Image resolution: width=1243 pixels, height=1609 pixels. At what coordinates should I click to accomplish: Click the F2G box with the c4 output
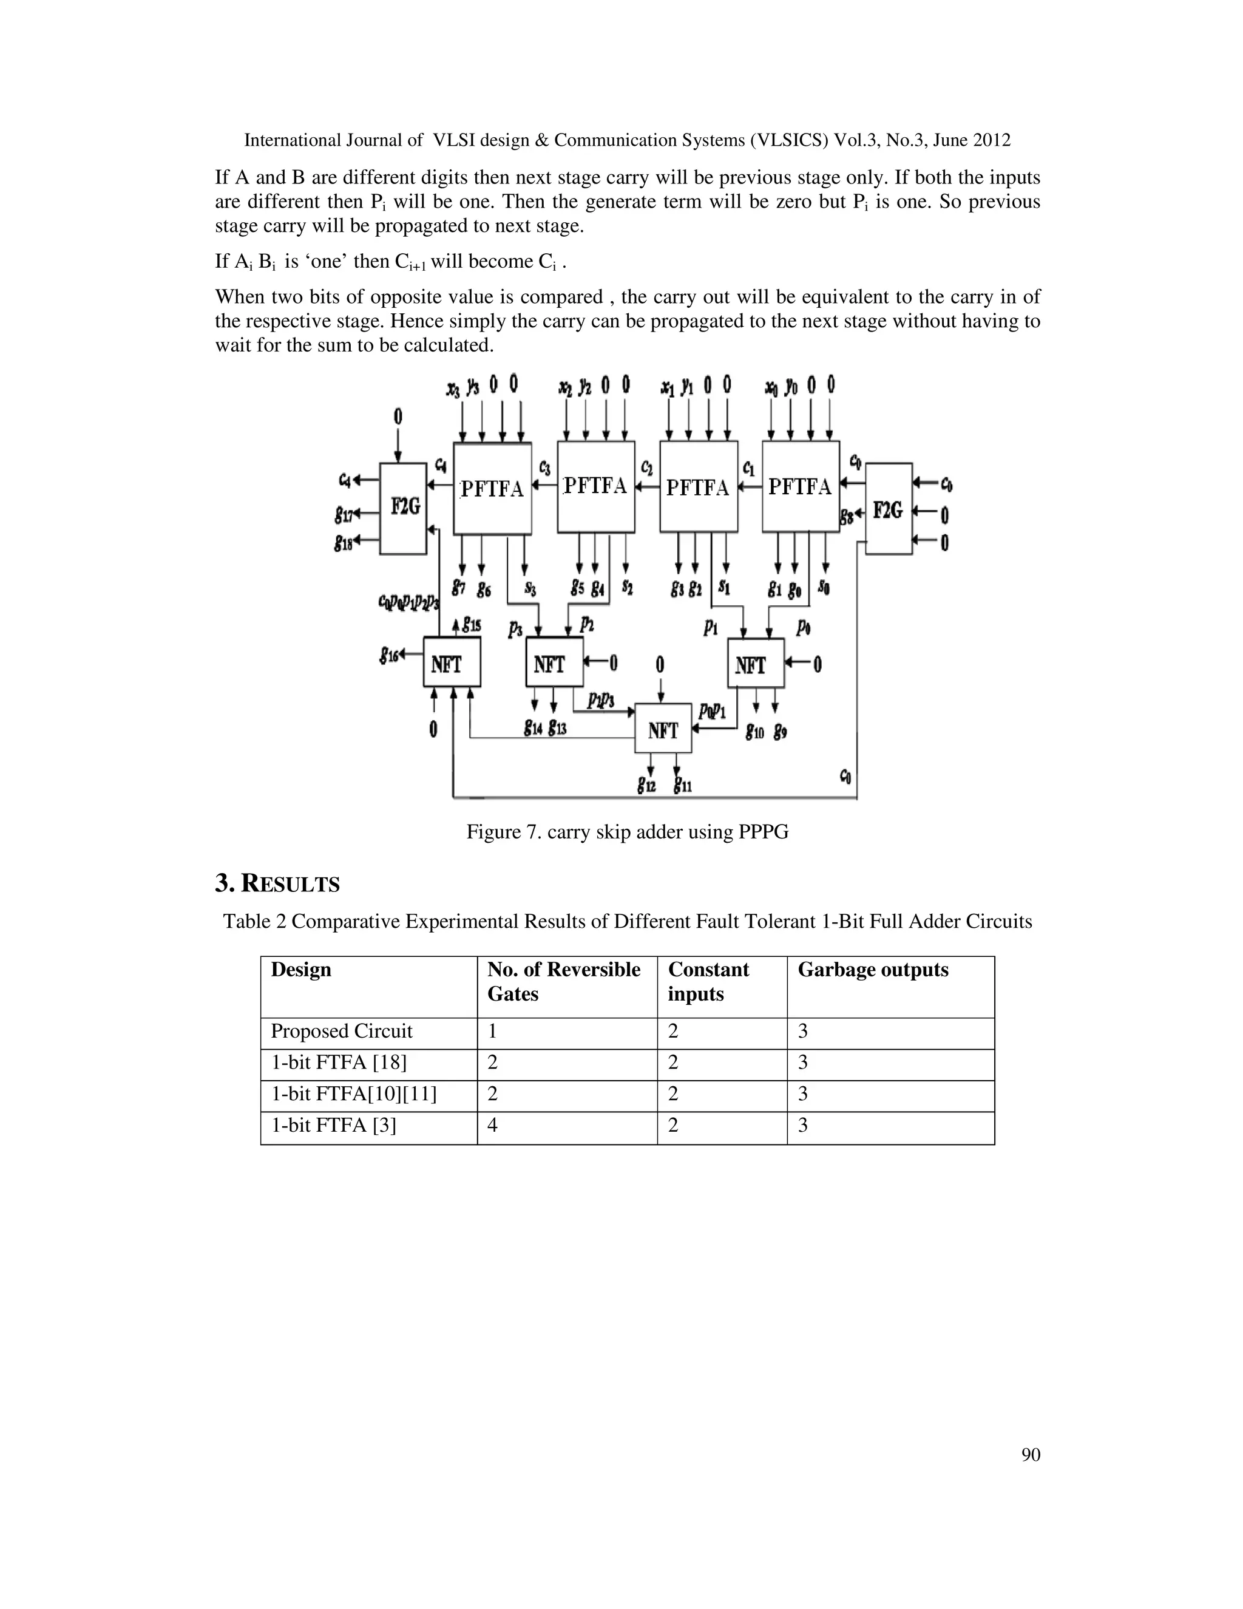pos(403,508)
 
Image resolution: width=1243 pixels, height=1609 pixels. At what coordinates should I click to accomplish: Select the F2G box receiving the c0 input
pos(888,508)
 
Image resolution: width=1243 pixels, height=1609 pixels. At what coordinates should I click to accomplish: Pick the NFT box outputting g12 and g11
pos(663,729)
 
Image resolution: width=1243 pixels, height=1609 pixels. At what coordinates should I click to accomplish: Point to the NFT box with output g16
pos(452,662)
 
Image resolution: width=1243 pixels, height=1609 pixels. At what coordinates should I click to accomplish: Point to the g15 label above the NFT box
pos(470,625)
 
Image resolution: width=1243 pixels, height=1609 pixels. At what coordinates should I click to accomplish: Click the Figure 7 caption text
pos(628,832)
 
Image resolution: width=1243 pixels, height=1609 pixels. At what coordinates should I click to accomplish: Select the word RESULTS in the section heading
pos(290,884)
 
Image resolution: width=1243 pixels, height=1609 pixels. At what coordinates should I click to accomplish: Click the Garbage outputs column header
pos(873,970)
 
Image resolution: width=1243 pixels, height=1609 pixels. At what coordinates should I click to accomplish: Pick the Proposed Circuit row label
pos(342,1031)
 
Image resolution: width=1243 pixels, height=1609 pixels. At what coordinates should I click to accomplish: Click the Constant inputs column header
pos(708,981)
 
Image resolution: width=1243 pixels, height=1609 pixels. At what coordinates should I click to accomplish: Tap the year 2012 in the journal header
pos(991,140)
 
